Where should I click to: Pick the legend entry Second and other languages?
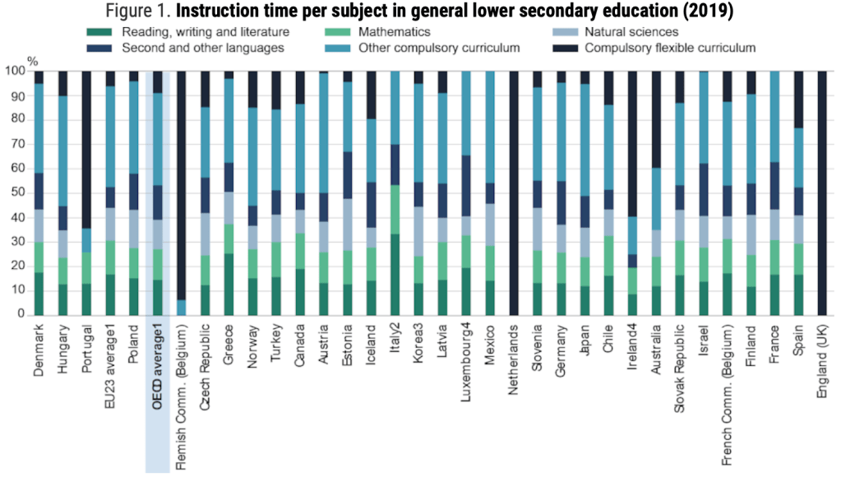(203, 48)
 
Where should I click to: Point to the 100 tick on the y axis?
(14, 72)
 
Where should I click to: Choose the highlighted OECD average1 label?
(157, 362)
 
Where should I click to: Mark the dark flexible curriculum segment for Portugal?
(86, 148)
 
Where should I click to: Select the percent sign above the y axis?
(32, 60)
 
